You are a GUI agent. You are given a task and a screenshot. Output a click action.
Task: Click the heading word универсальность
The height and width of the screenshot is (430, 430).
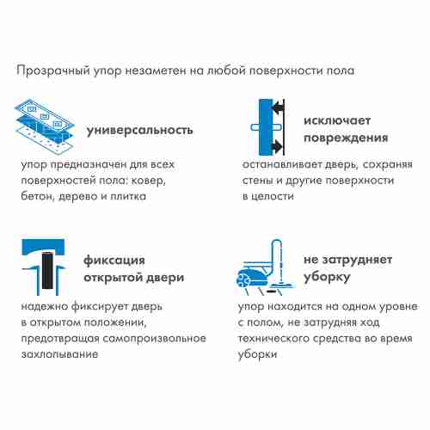coord(140,130)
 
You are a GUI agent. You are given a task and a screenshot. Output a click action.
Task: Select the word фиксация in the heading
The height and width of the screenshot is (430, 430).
coord(114,260)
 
